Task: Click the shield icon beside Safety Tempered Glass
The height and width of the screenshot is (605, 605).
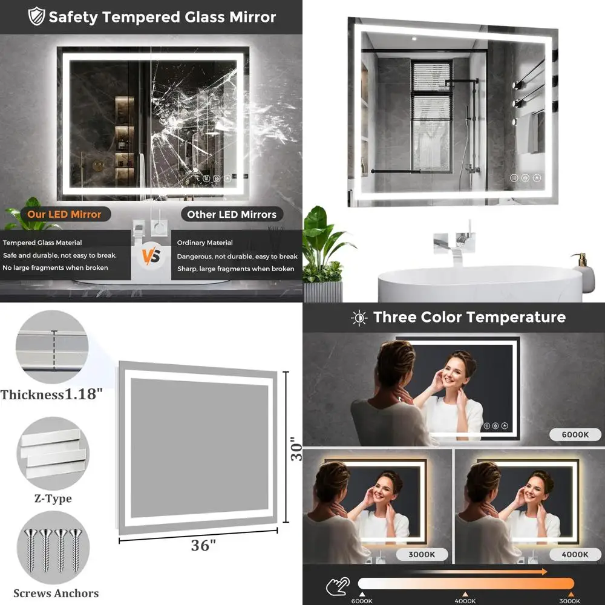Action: coord(37,17)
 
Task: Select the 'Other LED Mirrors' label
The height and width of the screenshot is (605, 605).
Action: coord(231,214)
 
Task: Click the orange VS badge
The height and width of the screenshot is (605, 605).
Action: coord(151,256)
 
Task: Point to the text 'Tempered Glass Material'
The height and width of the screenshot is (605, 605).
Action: coord(42,243)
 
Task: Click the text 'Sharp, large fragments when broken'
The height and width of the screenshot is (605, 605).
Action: coord(235,269)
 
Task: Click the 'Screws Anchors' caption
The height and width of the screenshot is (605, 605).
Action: coord(56,593)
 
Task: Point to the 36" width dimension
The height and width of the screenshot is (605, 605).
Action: coord(203,545)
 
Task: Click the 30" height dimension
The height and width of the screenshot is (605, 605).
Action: coord(296,449)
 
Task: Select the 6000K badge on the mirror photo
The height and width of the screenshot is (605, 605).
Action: coord(575,434)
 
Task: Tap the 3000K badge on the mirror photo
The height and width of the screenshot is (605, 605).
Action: coord(422,554)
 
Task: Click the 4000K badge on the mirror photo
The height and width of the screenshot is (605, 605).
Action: coord(575,554)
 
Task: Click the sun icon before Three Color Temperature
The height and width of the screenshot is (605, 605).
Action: coord(359,318)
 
